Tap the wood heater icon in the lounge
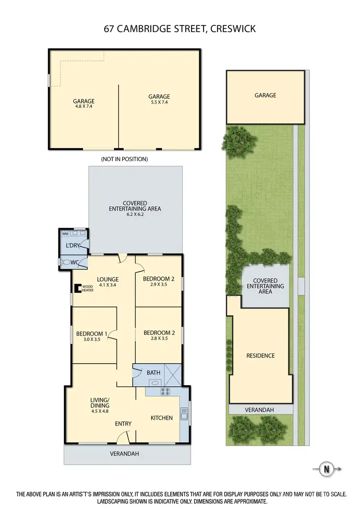point(77,288)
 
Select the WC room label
point(74,263)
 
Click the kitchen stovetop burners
point(166,391)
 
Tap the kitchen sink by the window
point(183,413)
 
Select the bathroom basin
point(155,383)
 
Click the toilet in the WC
point(63,263)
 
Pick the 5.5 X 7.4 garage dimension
point(159,102)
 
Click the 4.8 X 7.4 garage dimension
point(84,107)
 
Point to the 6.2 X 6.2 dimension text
point(134,215)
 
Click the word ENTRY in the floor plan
point(123,424)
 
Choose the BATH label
point(154,372)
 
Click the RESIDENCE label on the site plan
point(261,355)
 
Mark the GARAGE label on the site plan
point(265,95)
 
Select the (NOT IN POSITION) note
point(124,159)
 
